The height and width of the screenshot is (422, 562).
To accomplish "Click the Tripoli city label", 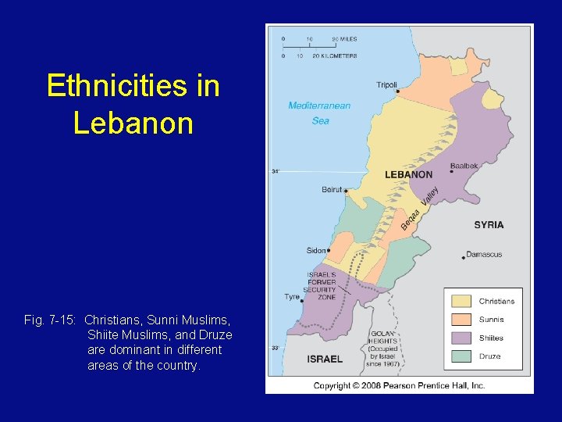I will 386,84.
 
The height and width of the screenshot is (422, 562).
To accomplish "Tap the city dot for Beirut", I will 346,191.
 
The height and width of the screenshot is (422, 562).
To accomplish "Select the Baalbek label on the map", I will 463,166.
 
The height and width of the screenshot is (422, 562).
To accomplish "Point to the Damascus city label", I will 484,255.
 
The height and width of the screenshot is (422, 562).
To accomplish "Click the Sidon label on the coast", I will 316,251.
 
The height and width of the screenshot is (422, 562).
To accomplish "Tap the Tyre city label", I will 292,297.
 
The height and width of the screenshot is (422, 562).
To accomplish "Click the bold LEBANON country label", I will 408,175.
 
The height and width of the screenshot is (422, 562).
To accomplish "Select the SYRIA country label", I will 489,225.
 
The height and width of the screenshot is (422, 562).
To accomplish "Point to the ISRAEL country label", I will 324,359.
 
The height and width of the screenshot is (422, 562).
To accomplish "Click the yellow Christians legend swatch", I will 462,301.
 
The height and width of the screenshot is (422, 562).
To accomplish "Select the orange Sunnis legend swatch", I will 462,320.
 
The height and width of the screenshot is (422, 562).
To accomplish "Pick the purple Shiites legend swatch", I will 462,338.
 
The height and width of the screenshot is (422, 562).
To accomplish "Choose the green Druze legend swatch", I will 462,356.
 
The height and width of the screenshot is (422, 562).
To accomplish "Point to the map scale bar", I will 310,47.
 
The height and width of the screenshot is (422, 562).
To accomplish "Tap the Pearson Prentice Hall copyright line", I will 399,385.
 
